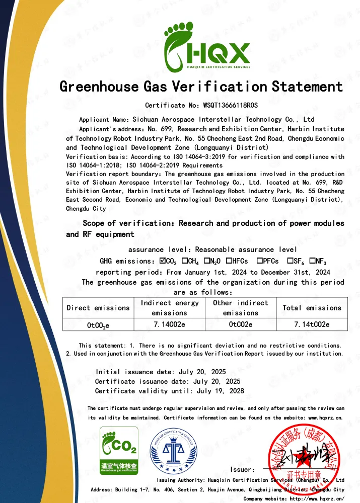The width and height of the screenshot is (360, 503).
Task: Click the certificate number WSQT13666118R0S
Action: [x=230, y=105]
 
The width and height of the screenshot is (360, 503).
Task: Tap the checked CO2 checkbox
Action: [x=163, y=261]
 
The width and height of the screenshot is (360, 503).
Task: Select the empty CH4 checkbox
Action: [x=185, y=261]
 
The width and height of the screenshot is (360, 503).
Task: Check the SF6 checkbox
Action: [x=291, y=261]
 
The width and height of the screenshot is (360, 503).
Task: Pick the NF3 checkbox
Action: [x=312, y=261]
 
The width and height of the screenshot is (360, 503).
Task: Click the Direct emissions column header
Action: [x=98, y=308]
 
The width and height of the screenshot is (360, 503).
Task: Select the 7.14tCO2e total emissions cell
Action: [x=312, y=325]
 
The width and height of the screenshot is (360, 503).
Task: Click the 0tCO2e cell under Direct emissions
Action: [x=98, y=325]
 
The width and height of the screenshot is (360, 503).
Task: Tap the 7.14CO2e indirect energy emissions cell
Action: [x=170, y=325]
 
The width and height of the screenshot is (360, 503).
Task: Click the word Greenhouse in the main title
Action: [x=99, y=87]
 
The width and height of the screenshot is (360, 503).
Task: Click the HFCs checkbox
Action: [x=229, y=261]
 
